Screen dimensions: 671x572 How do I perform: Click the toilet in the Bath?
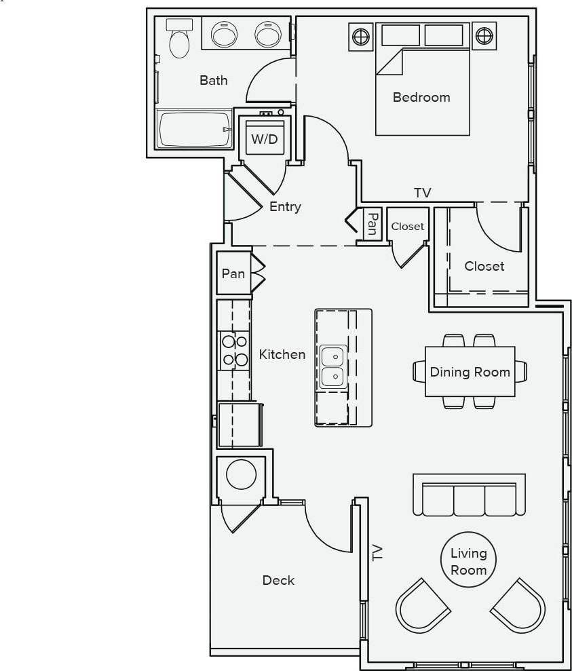(x=179, y=41)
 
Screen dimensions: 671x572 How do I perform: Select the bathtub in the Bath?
(x=193, y=129)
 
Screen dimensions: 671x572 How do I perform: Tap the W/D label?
(x=265, y=140)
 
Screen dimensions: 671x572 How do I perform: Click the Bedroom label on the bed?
(x=421, y=97)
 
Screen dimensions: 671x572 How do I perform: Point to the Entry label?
(x=285, y=207)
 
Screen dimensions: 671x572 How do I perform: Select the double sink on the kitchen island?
(x=333, y=366)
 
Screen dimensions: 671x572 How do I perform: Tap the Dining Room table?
(x=470, y=372)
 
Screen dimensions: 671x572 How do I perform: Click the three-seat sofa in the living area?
(x=469, y=495)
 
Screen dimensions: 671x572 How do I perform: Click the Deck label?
(x=278, y=580)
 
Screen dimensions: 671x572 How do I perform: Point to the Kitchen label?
(x=282, y=354)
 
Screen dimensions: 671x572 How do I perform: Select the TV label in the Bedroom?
(x=423, y=193)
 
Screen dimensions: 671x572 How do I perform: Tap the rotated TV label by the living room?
(x=377, y=552)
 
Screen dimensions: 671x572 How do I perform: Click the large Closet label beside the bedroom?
(x=484, y=266)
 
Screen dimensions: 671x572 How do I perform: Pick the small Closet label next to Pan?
(x=407, y=227)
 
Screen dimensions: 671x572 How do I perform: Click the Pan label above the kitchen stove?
(x=233, y=273)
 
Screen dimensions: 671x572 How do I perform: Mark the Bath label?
(x=214, y=80)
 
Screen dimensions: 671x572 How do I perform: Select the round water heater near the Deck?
(x=241, y=474)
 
